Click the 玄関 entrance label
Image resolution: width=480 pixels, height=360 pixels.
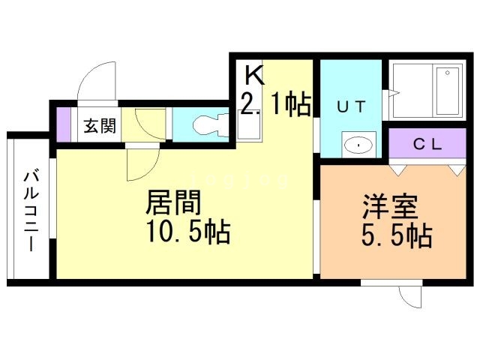coord(99,125)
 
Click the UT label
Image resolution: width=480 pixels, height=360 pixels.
coord(350,106)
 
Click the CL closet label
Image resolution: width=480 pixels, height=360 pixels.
coord(425,142)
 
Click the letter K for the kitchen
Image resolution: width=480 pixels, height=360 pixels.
coord(254,75)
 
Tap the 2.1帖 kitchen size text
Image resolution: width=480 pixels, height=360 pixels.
coord(274,105)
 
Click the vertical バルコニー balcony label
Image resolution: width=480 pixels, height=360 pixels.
coord(31,209)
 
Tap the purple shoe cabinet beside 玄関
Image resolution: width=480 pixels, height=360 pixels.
coord(64,125)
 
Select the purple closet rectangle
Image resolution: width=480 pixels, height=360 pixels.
coord(425,142)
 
